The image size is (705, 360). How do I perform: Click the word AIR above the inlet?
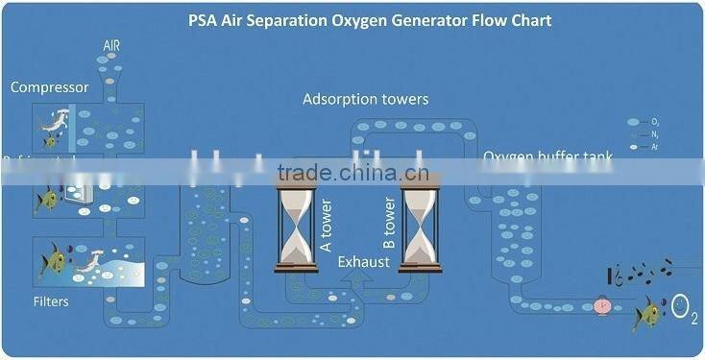pos(111,45)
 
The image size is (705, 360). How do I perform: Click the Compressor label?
pos(49,87)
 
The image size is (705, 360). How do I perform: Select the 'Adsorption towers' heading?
pos(365,99)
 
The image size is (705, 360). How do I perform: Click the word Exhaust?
pos(363,259)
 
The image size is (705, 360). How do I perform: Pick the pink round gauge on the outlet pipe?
pos(602,306)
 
